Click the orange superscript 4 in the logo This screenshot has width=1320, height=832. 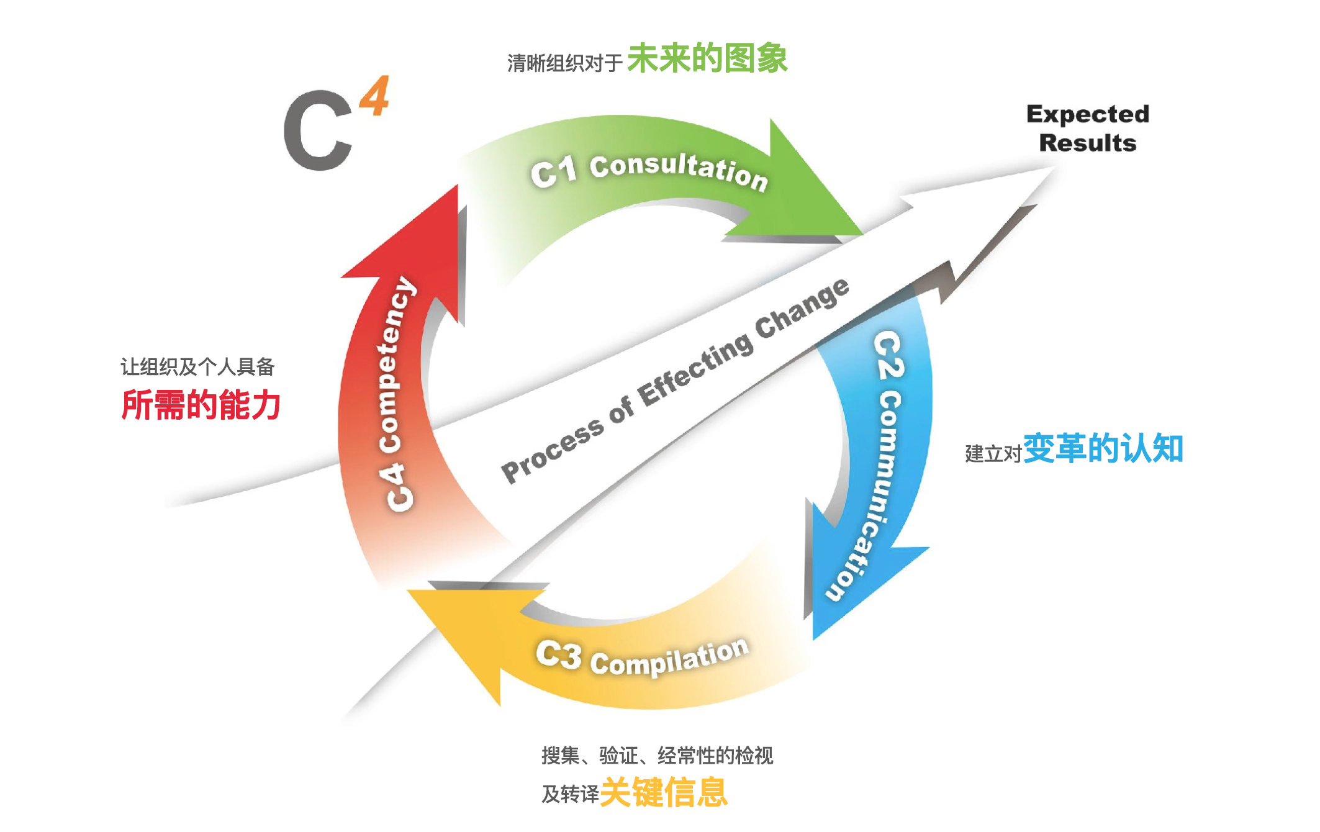pyautogui.click(x=375, y=96)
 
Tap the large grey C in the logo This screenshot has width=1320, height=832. pyautogui.click(x=318, y=130)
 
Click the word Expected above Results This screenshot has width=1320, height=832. pyautogui.click(x=1087, y=114)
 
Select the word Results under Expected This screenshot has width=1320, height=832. pyautogui.click(x=1087, y=143)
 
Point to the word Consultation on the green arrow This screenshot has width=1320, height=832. pyautogui.click(x=679, y=171)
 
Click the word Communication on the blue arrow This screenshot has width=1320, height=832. pyautogui.click(x=869, y=497)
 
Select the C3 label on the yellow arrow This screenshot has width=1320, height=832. pyautogui.click(x=559, y=655)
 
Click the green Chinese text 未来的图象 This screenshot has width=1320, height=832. pyautogui.click(x=707, y=59)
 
